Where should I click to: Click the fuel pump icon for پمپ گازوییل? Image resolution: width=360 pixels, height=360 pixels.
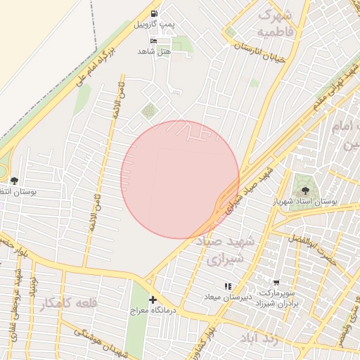[x=154, y=13]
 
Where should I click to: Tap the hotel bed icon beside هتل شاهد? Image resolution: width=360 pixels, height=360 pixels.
[x=154, y=40]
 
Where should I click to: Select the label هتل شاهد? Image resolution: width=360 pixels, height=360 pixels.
[x=154, y=52]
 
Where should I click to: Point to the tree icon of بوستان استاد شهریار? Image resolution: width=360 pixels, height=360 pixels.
[x=305, y=190]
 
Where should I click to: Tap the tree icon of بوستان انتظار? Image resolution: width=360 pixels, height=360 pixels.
[x=14, y=181]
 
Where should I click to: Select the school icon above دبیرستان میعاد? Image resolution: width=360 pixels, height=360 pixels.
[x=228, y=286]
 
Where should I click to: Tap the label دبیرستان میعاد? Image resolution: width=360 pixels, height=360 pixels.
[x=228, y=296]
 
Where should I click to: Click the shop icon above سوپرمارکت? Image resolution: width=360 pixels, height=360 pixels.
[x=276, y=281]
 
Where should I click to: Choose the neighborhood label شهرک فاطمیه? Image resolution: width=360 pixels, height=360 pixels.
[x=274, y=23]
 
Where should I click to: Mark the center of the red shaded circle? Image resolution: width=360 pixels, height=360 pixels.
[x=180, y=179]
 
